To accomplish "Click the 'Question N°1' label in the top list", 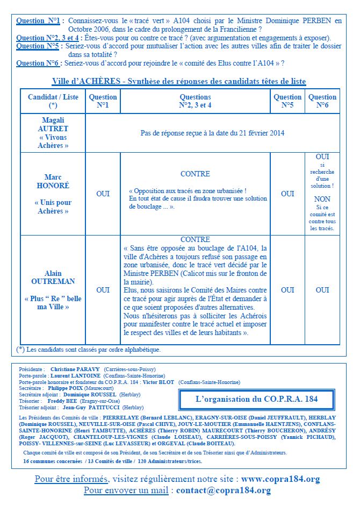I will [x=38, y=21].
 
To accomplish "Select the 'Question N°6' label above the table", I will [x=38, y=63].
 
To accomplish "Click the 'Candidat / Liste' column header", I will [x=53, y=101].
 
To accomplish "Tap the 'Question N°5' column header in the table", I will [x=287, y=101].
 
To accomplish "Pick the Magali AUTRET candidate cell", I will [x=53, y=132].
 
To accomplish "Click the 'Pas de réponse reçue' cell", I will [x=212, y=133].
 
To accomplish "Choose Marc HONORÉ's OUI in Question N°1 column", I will [x=103, y=194].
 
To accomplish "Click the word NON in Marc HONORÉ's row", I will [x=322, y=198].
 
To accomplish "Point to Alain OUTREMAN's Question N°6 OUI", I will [x=322, y=290].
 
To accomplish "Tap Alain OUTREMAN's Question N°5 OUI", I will [x=287, y=290].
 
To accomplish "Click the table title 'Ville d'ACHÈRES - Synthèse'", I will [x=179, y=81].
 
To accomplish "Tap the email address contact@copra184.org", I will [x=223, y=490].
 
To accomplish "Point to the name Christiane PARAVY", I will [x=75, y=370].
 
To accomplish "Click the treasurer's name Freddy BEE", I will [x=63, y=401].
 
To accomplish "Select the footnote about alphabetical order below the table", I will [x=89, y=350].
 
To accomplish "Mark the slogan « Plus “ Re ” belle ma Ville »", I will [x=53, y=302].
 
